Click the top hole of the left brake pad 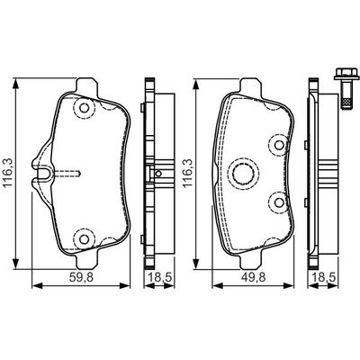tap(83, 109)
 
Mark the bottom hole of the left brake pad tap(83, 238)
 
